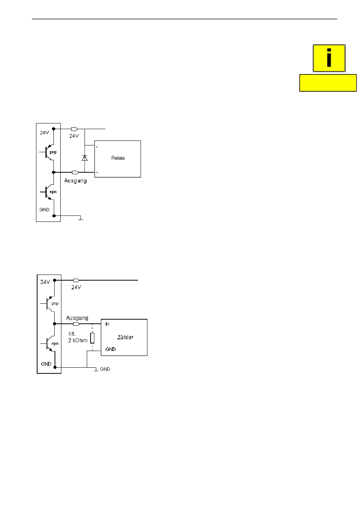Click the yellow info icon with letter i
pos(329,58)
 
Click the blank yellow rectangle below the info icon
pos(328,83)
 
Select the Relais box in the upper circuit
pos(117,159)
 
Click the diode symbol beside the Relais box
pos(85,158)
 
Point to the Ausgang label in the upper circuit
pos(75,181)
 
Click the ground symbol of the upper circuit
pos(80,218)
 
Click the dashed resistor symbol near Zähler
pos(92,338)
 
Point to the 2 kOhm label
pos(78,340)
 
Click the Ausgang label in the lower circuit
pos(77,318)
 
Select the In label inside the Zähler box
pos(107,324)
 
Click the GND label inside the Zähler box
pos(111,349)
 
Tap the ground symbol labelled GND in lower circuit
pos(96,369)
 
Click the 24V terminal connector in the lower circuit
pos(76,280)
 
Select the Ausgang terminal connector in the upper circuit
pos(75,172)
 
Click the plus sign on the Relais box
pos(97,147)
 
